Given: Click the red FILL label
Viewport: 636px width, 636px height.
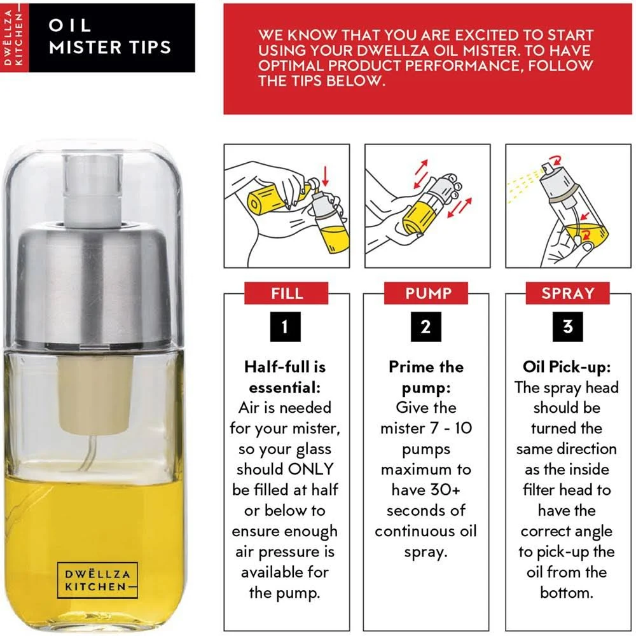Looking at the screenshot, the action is (x=286, y=293).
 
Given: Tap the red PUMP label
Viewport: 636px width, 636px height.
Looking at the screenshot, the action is (x=426, y=293).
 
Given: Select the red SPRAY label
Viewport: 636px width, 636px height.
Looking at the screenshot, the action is (x=567, y=293).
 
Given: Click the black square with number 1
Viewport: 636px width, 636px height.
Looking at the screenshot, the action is (x=286, y=326).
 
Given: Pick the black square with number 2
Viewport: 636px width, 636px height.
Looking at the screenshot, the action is (x=426, y=326).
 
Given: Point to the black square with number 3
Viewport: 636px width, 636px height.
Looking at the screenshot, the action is (x=567, y=326).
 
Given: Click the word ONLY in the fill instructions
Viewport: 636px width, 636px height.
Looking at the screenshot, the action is (x=310, y=469).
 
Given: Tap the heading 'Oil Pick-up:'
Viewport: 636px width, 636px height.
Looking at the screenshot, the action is (x=567, y=367).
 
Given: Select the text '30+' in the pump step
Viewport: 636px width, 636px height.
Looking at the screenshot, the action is (x=446, y=490).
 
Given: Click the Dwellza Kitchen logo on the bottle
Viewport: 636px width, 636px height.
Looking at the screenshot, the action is (x=97, y=580).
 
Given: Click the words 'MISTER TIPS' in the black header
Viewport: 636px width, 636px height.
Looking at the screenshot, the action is (x=110, y=48).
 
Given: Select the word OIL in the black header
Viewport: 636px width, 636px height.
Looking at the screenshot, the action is (x=70, y=25).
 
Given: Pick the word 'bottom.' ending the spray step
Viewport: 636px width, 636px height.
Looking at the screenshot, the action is (x=567, y=593).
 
